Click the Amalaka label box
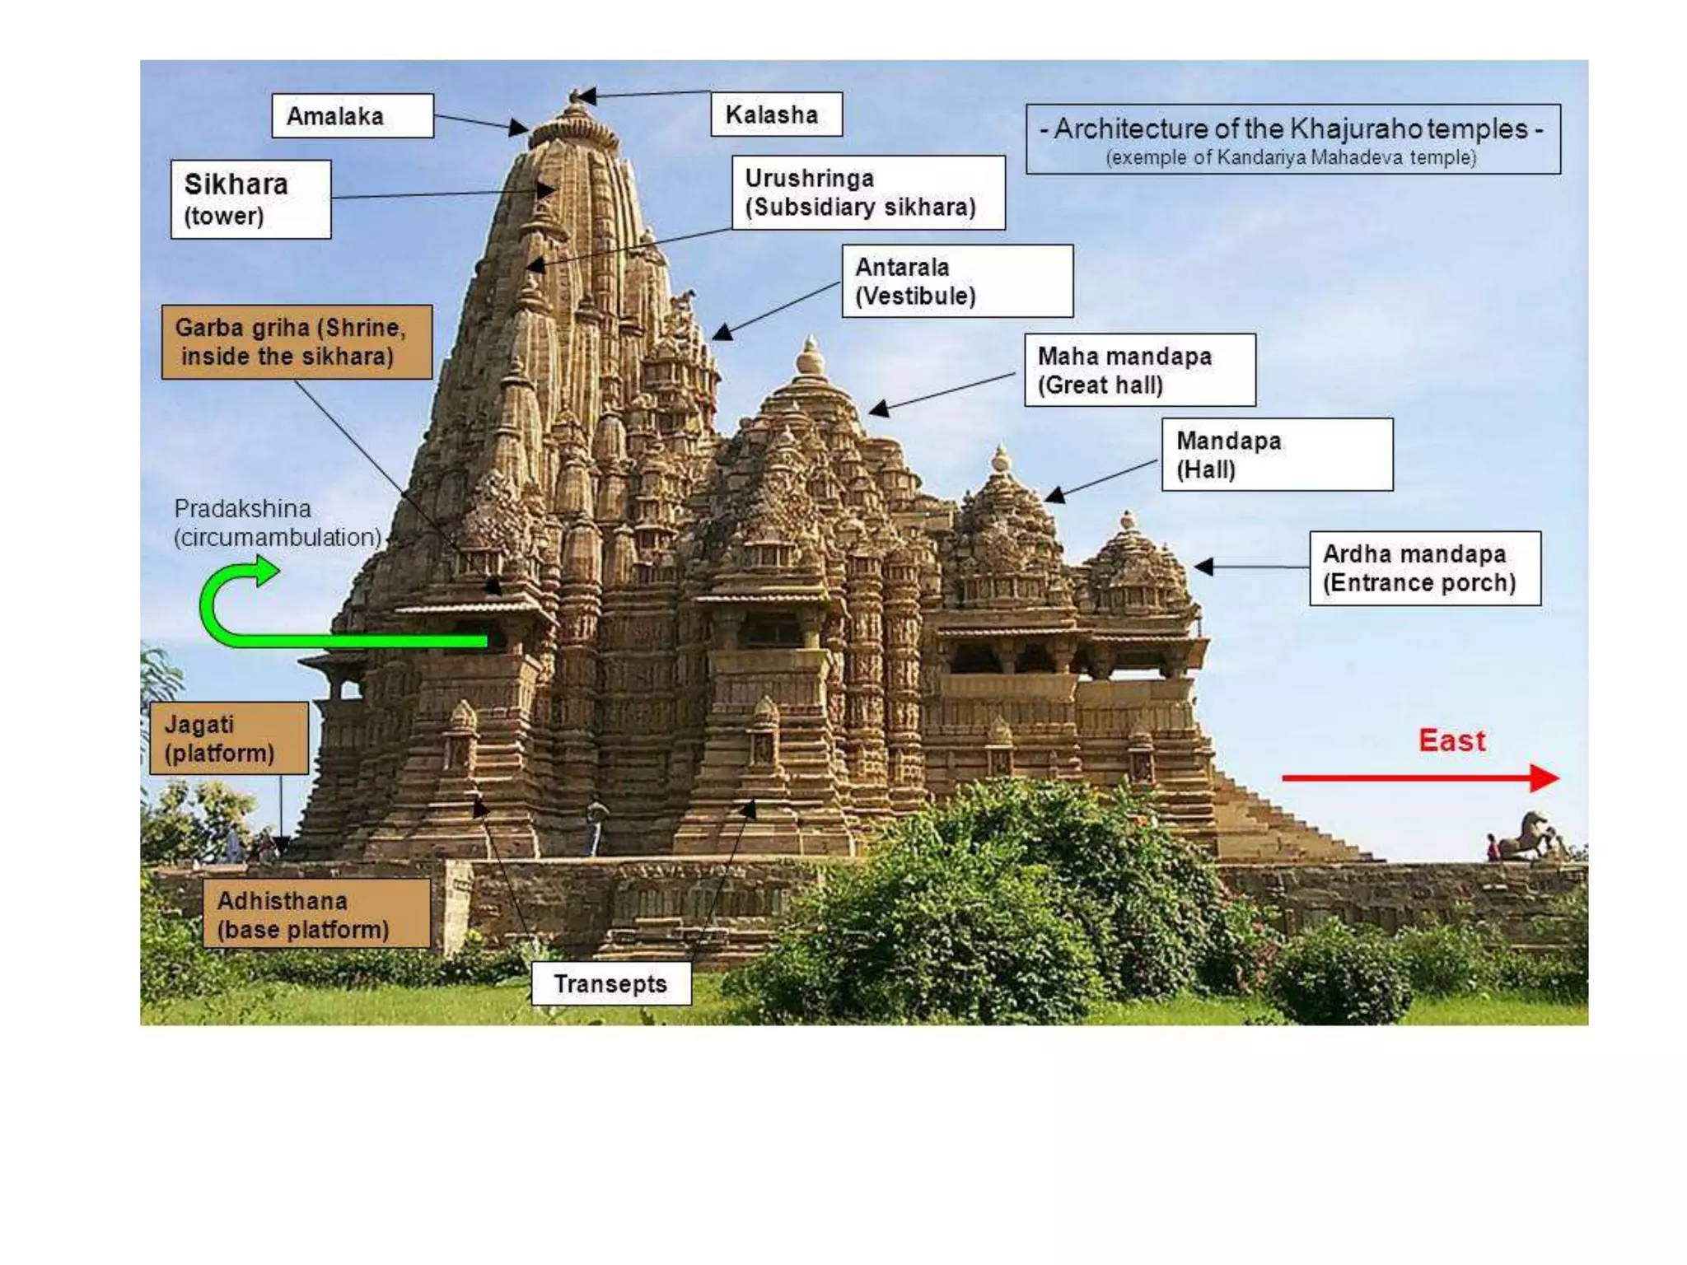pyautogui.click(x=352, y=115)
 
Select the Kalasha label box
pyautogui.click(x=776, y=114)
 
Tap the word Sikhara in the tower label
pyautogui.click(x=236, y=184)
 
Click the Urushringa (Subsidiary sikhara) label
pyautogui.click(x=868, y=193)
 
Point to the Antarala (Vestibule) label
pyautogui.click(x=957, y=281)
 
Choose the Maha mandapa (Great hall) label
pyautogui.click(x=1140, y=370)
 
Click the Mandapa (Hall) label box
pyautogui.click(x=1277, y=455)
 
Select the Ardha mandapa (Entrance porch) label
pyautogui.click(x=1425, y=568)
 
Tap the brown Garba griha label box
pyautogui.click(x=297, y=342)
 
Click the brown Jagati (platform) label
pyautogui.click(x=229, y=739)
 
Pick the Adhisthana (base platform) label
pyautogui.click(x=316, y=914)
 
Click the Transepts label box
pyautogui.click(x=610, y=983)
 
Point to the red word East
pyautogui.click(x=1451, y=740)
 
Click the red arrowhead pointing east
pyautogui.click(x=1544, y=777)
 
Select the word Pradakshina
pyautogui.click(x=242, y=508)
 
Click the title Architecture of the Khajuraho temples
pyautogui.click(x=1292, y=129)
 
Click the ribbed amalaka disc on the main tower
pyautogui.click(x=573, y=131)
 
